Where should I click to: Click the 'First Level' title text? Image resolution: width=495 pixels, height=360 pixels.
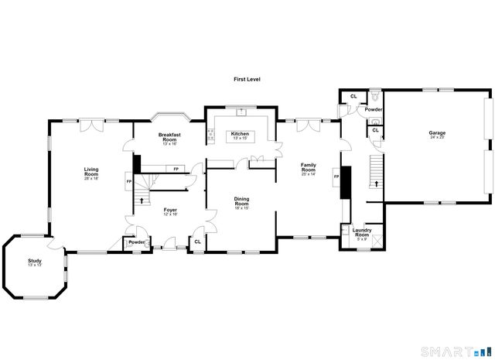click(x=247, y=80)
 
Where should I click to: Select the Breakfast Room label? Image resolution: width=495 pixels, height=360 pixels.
click(x=170, y=137)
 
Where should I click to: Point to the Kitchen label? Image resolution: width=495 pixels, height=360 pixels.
click(x=240, y=134)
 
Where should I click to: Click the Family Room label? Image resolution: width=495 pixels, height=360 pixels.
click(x=309, y=166)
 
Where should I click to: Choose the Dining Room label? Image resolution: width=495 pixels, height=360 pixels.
click(x=241, y=201)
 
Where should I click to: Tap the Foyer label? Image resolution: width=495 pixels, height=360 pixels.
click(x=170, y=210)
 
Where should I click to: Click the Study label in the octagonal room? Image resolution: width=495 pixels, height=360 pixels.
click(x=34, y=261)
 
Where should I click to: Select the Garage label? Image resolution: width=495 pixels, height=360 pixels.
click(x=437, y=133)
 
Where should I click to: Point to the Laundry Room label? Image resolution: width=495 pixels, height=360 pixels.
click(x=362, y=231)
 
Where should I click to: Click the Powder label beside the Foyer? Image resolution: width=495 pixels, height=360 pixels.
click(x=137, y=242)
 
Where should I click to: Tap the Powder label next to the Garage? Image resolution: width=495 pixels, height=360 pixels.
click(x=374, y=110)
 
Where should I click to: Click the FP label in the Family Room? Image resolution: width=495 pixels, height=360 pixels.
click(x=336, y=177)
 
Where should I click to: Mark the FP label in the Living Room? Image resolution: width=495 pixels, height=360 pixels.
click(x=128, y=182)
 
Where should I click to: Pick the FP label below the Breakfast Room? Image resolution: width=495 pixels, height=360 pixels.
click(x=176, y=169)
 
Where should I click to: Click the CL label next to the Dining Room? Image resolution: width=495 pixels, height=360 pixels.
click(x=197, y=242)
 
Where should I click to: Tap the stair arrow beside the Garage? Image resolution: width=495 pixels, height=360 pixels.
click(x=377, y=184)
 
